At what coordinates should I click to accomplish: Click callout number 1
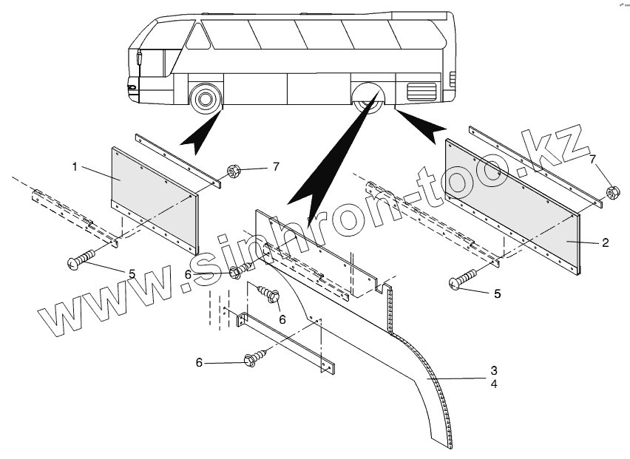click(75, 167)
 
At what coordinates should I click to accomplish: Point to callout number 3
click(494, 370)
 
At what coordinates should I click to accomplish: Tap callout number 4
click(494, 384)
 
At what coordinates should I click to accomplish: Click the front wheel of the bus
click(206, 98)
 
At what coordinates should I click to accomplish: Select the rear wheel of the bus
click(369, 99)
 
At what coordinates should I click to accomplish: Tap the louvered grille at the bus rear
click(422, 93)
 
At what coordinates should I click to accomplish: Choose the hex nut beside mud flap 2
click(612, 194)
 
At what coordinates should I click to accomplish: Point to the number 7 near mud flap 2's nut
click(592, 160)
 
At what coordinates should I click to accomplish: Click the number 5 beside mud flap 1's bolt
click(132, 274)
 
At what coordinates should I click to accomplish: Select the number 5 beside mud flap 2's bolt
click(498, 294)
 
